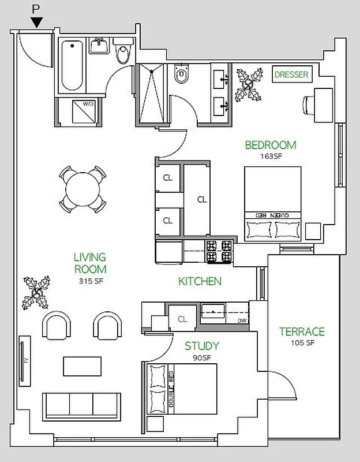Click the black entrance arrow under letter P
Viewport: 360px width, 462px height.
37,23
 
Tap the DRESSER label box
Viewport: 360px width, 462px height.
291,74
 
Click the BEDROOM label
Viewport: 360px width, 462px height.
271,145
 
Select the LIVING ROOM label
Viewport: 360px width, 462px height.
90,263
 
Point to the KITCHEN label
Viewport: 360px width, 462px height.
200,282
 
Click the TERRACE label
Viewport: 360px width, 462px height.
302,331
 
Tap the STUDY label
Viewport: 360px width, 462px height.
201,346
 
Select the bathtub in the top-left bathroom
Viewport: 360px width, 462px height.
72,65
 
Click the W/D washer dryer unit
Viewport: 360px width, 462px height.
81,112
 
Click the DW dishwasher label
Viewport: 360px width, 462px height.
242,321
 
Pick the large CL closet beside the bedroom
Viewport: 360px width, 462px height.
201,199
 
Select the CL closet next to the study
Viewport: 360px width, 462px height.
182,319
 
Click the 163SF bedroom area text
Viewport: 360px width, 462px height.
271,155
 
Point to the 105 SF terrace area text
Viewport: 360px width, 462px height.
302,343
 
